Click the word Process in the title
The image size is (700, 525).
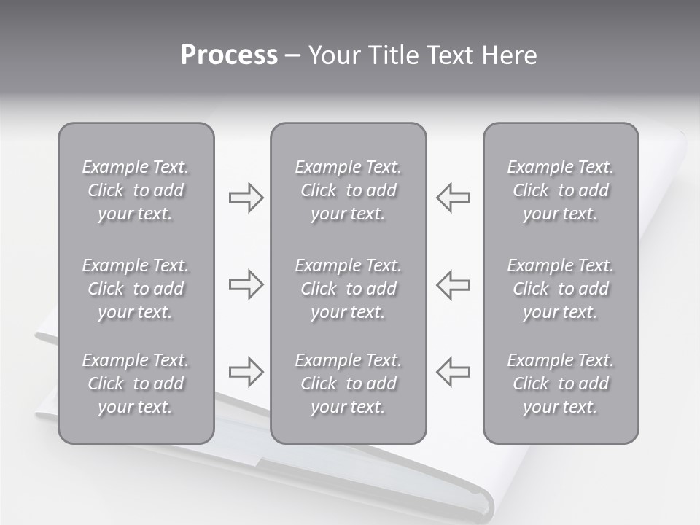pos(229,55)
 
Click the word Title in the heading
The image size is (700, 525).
pos(394,55)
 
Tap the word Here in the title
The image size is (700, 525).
pos(510,55)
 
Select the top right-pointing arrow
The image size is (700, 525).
pos(246,197)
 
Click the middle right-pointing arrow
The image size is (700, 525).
pos(246,284)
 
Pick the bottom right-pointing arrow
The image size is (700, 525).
pos(246,372)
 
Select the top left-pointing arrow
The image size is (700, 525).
pos(453,197)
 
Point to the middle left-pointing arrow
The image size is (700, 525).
pos(453,284)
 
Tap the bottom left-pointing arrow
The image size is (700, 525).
pos(453,372)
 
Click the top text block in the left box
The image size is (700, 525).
pos(136,190)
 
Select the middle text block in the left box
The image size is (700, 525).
pos(136,289)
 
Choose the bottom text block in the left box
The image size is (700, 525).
pos(136,384)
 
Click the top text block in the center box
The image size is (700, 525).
pos(349,190)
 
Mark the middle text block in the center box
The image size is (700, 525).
pos(349,289)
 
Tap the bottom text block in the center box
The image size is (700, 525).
pos(349,384)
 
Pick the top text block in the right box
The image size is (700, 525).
pos(561,190)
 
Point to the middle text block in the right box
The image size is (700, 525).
pos(561,289)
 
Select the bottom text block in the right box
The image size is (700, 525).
pos(561,384)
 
